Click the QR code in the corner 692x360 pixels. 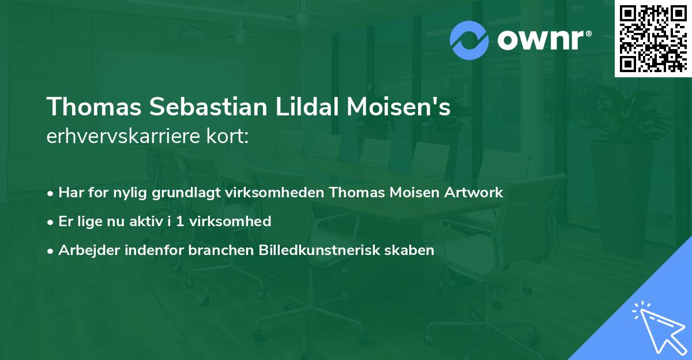click(x=652, y=38)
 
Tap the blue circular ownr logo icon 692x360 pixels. click(x=469, y=40)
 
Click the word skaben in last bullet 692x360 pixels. click(x=413, y=250)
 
